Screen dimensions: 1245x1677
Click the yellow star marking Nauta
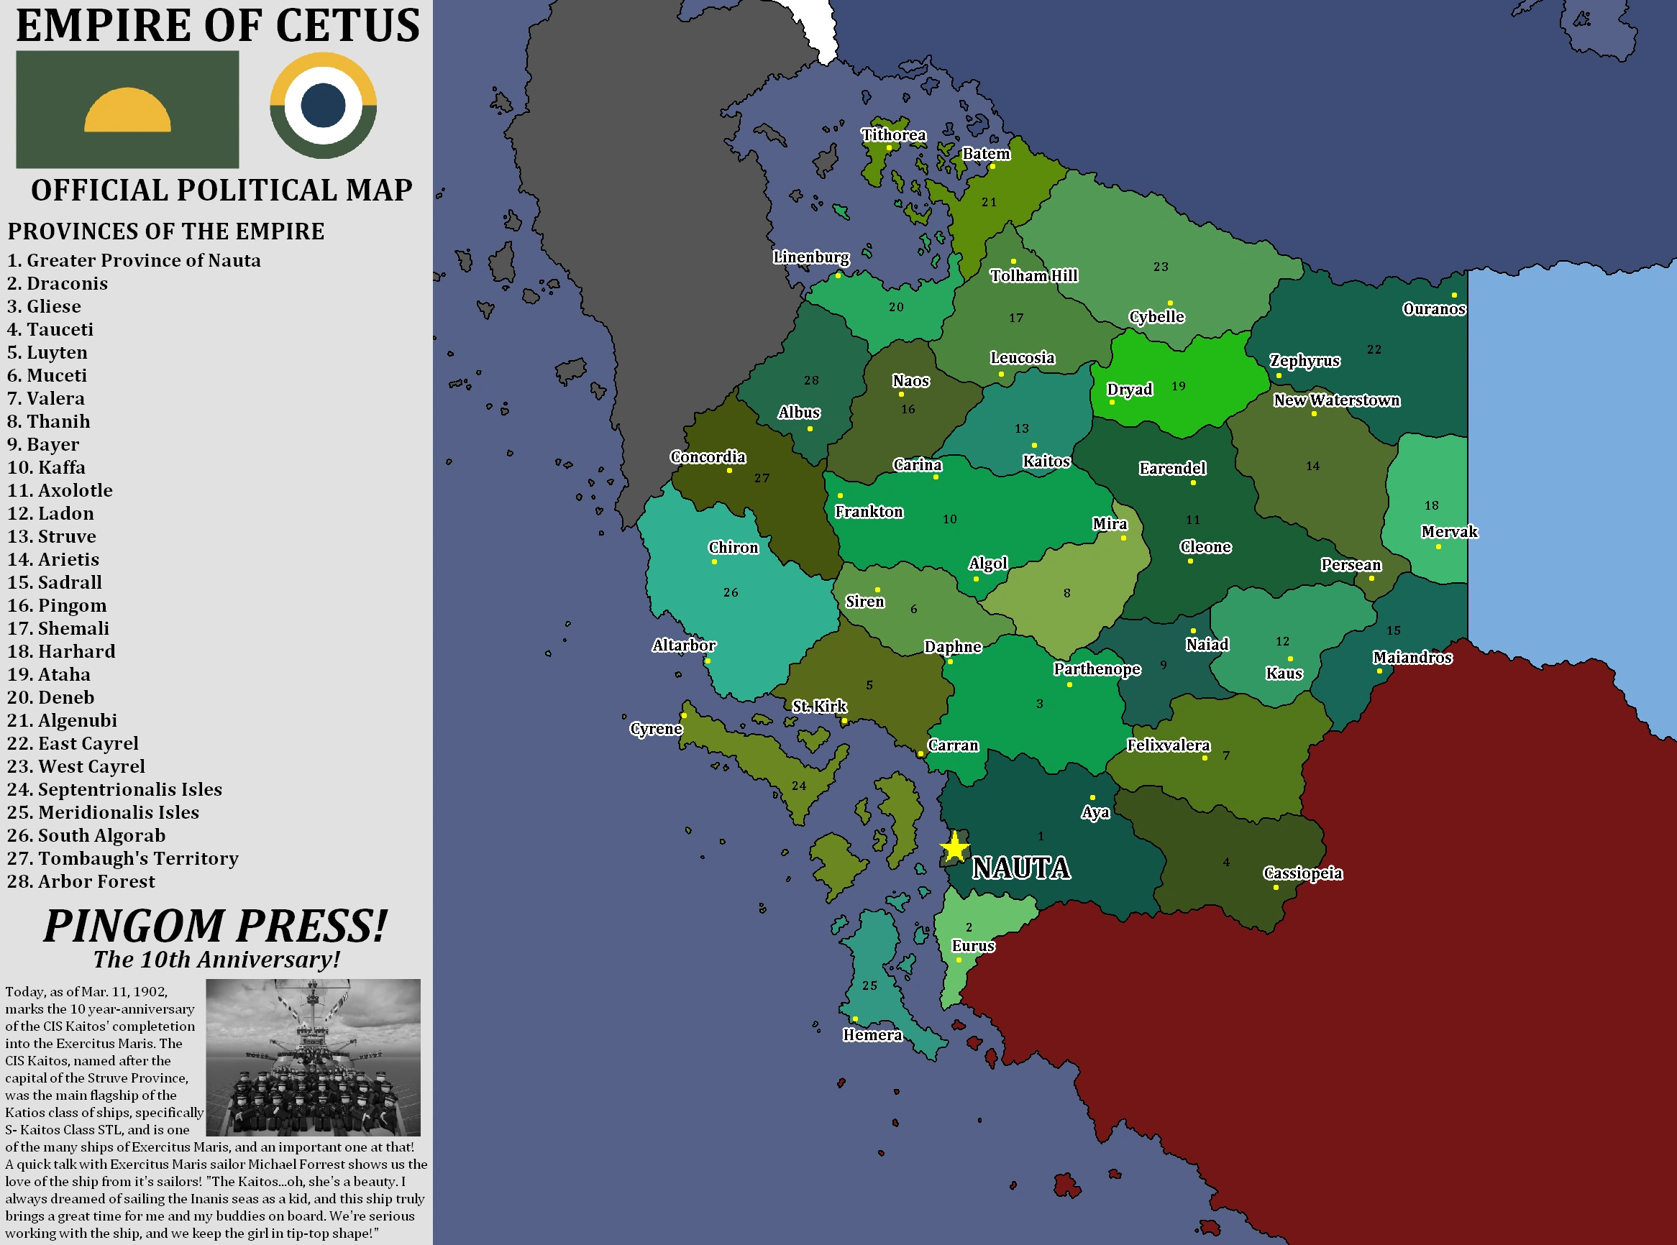click(954, 847)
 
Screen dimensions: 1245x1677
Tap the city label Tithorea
click(894, 135)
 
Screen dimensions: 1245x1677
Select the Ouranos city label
click(1433, 308)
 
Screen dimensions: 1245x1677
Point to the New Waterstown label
click(1336, 400)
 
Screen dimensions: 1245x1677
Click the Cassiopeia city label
click(1303, 873)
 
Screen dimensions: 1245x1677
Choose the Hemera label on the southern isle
click(872, 1034)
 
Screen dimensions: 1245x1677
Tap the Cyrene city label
click(656, 729)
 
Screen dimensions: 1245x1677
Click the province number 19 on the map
click(1179, 386)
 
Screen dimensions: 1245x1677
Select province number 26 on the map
click(731, 592)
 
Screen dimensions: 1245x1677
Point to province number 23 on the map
click(1161, 267)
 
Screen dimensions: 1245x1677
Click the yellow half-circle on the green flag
click(127, 110)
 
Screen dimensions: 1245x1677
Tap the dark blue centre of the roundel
click(323, 106)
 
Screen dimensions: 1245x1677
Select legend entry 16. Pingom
click(58, 605)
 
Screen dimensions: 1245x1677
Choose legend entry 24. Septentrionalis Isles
click(114, 789)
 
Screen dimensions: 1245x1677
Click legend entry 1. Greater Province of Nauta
click(134, 260)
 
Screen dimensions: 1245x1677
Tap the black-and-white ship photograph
click(313, 1057)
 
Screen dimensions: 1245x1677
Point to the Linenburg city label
click(810, 257)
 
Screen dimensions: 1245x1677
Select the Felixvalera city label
click(1168, 745)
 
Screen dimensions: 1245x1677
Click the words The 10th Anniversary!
click(216, 960)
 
